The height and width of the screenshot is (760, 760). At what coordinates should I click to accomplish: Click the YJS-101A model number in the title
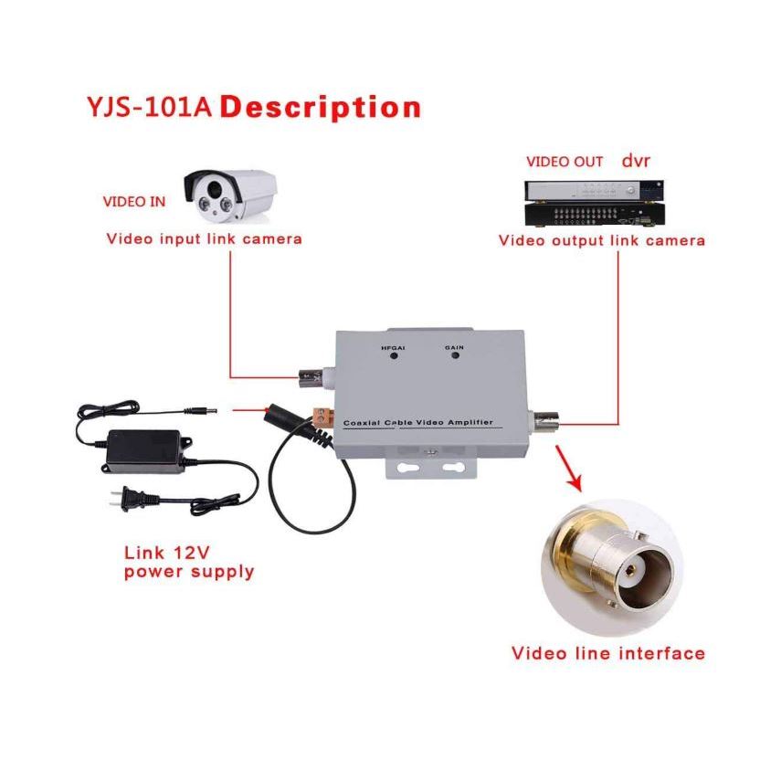(x=149, y=107)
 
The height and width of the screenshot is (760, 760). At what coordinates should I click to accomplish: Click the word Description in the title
(x=321, y=107)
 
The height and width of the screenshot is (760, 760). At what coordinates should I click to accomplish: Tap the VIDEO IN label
(x=134, y=201)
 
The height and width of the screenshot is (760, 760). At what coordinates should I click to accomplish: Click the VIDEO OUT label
(x=565, y=162)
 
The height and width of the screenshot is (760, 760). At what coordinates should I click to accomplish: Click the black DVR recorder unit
(x=593, y=203)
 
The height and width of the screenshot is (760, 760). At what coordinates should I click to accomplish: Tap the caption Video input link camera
(x=204, y=239)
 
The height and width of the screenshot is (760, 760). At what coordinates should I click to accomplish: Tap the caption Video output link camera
(x=601, y=240)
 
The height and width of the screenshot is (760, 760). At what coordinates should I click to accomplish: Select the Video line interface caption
(x=607, y=653)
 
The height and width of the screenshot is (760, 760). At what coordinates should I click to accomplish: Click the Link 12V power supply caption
(x=188, y=563)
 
